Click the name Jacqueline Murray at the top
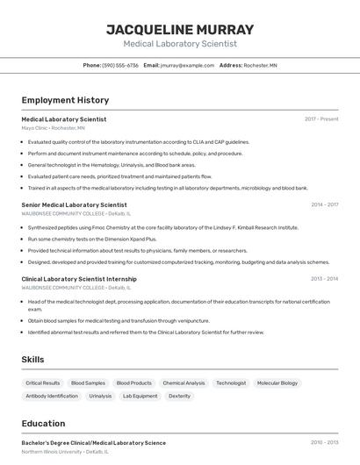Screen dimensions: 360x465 click(180, 29)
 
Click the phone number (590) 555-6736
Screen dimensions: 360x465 click(120, 65)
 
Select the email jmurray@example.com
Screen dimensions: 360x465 click(188, 65)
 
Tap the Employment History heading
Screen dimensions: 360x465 click(65, 100)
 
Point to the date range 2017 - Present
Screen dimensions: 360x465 click(321, 119)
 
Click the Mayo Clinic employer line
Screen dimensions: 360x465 click(53, 128)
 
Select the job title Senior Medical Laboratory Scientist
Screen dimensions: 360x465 click(74, 204)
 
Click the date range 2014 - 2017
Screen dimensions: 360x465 click(324, 204)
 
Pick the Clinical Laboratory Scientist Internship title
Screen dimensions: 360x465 click(79, 279)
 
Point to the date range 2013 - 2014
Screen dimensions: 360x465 click(324, 279)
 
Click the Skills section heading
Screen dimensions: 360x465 click(32, 360)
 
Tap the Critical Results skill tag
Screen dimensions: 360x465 click(43, 383)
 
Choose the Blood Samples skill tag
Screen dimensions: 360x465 click(88, 383)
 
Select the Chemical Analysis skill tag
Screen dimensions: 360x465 click(184, 383)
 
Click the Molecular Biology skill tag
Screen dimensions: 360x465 click(277, 383)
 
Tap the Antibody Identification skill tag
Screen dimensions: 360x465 click(52, 396)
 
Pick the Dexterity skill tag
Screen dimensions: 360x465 click(179, 396)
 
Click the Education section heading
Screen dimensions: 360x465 click(43, 423)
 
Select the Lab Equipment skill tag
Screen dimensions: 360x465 click(140, 396)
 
